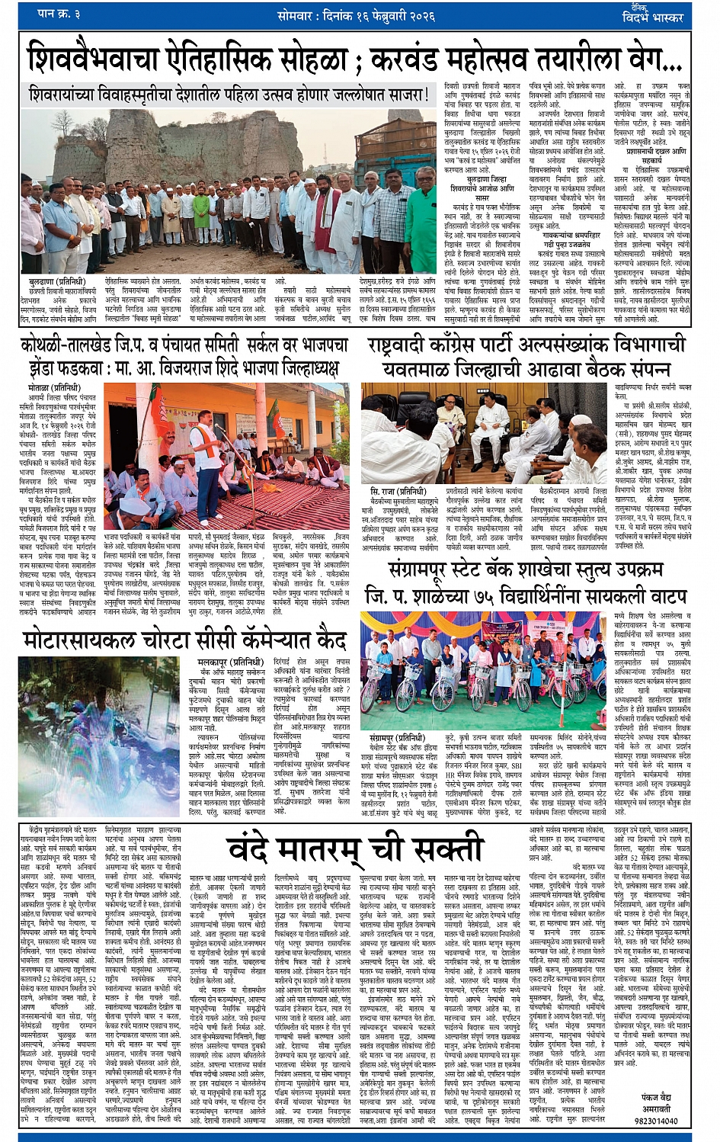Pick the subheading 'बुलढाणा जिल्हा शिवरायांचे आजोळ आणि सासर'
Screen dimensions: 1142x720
(481, 184)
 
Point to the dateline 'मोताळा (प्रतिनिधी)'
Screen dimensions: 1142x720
(50, 387)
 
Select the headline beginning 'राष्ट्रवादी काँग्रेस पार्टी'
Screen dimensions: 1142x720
(526, 345)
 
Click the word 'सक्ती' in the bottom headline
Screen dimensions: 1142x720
(441, 847)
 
